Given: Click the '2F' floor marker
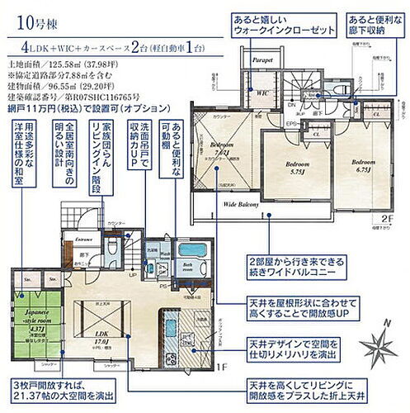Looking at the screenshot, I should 388,221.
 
